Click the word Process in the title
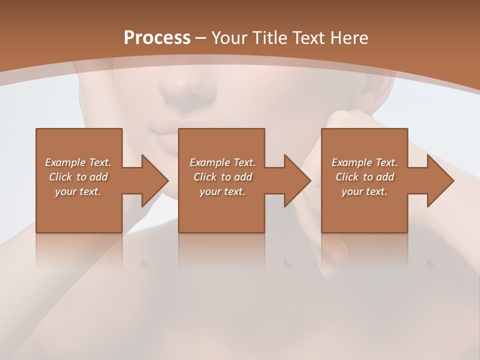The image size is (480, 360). (x=157, y=37)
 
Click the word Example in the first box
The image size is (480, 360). (x=65, y=162)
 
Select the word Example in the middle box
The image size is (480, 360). (x=209, y=162)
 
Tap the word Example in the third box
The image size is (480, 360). (x=351, y=162)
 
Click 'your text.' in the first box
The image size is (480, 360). (x=78, y=191)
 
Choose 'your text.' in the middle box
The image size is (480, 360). (x=222, y=191)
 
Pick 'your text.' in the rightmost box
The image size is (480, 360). (x=364, y=191)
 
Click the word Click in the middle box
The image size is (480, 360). (x=205, y=177)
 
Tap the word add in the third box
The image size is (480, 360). (x=385, y=177)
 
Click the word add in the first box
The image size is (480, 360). (x=98, y=177)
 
